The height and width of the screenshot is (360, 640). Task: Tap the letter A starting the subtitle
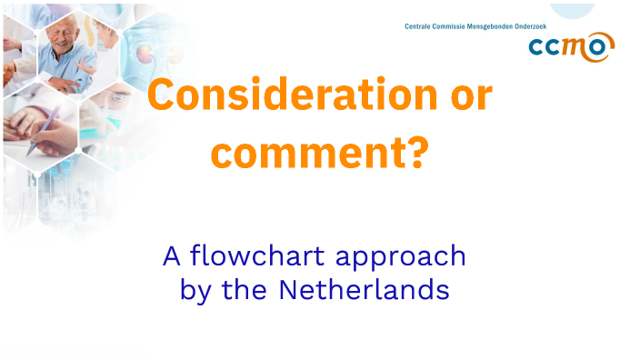tap(172, 256)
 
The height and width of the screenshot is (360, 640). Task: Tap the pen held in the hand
tap(45, 122)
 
